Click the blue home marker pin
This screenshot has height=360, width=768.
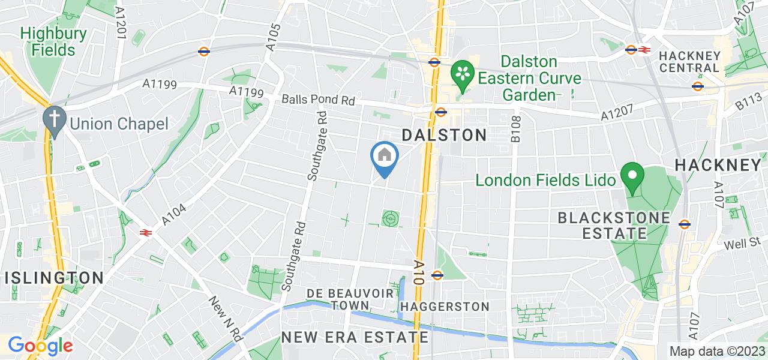coord(385,157)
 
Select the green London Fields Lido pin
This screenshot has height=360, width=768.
coord(632,178)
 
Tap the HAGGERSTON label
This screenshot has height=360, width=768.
coord(445,307)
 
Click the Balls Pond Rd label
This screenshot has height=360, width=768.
coord(319,100)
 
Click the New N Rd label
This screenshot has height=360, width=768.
coord(226,319)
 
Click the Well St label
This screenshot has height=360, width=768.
coord(742,244)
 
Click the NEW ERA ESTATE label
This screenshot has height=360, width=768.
coord(355,337)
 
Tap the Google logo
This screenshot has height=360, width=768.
coord(40,346)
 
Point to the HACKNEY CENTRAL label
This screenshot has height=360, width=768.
coord(689,61)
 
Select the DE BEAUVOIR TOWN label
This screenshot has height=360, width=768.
coord(350,299)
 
